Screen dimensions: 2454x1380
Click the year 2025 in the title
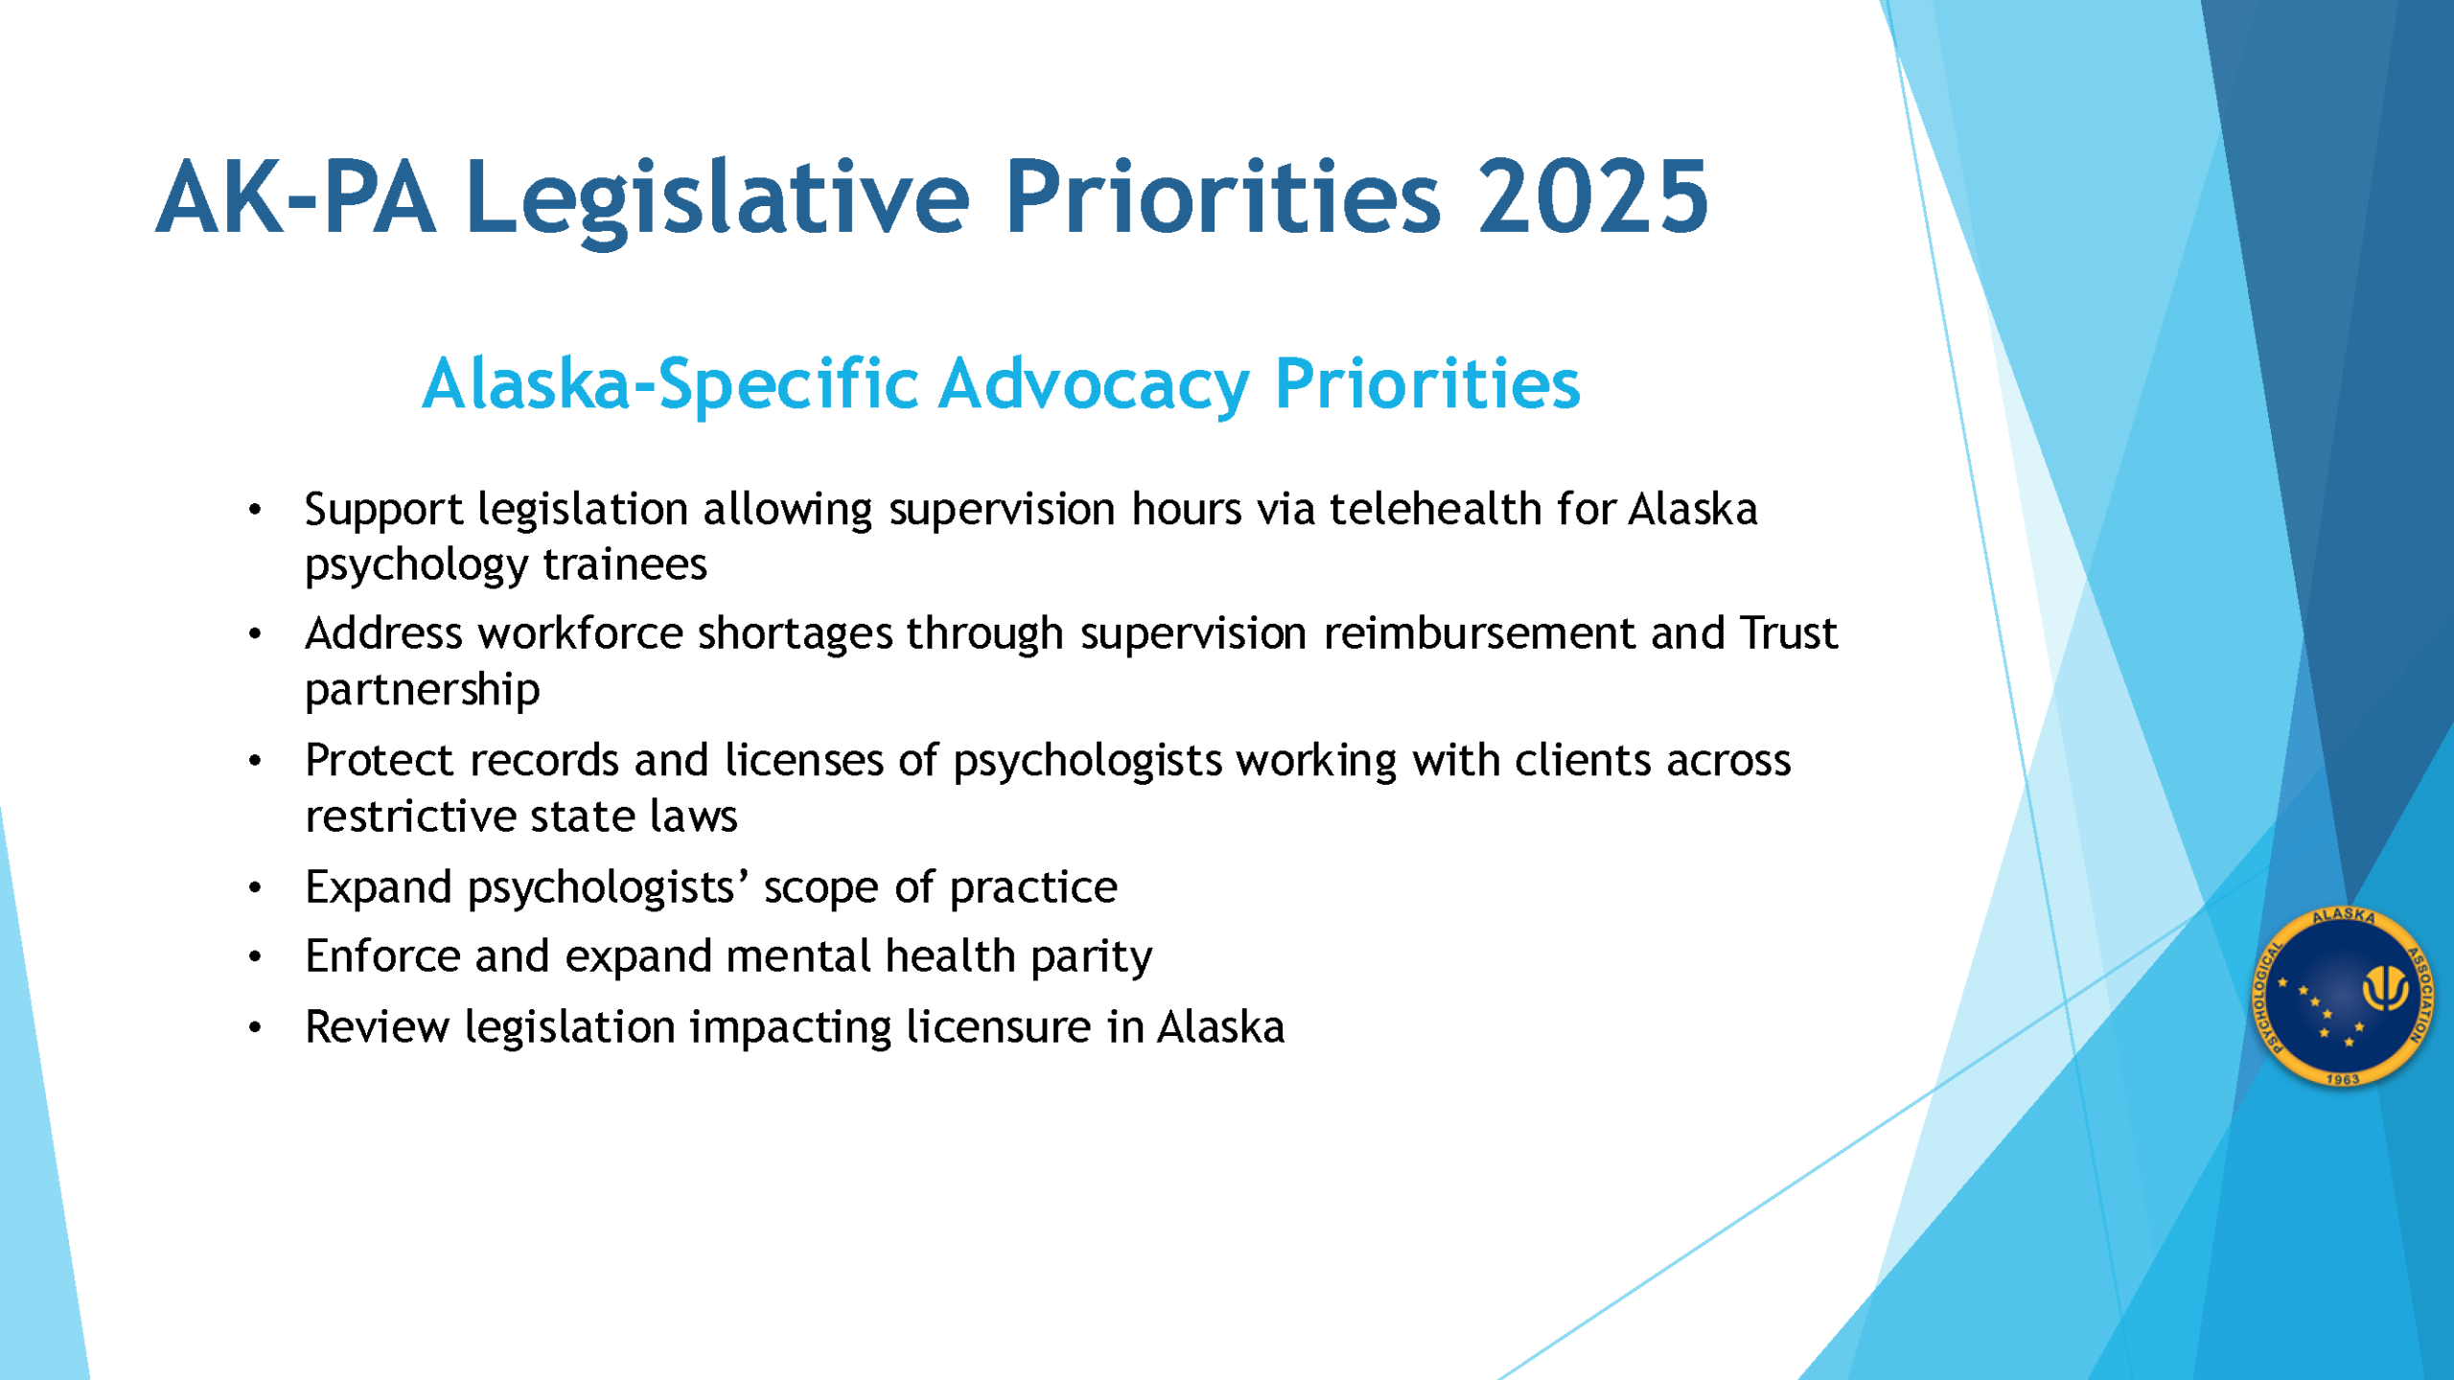point(1592,197)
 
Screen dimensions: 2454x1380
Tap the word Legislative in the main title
point(718,200)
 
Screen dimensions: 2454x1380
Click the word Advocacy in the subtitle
point(1094,386)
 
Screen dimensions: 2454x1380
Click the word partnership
point(423,691)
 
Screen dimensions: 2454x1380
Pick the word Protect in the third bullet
point(380,760)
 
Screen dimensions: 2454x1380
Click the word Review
point(377,1026)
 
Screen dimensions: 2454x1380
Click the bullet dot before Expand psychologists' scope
point(255,887)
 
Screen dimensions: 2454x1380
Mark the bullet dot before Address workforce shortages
point(255,633)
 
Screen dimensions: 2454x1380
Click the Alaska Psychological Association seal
point(2343,997)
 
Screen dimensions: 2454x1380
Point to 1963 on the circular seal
point(2343,1079)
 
